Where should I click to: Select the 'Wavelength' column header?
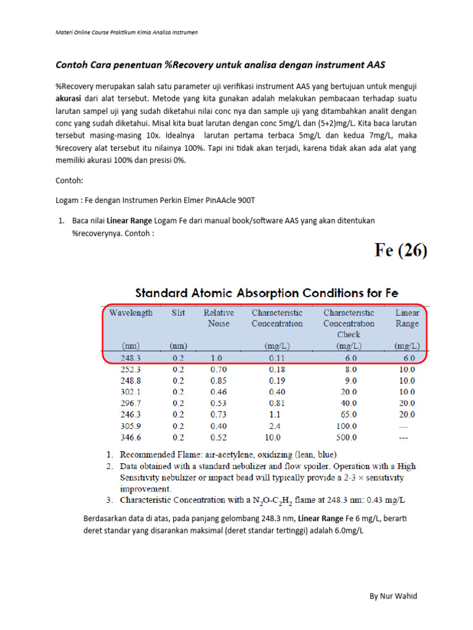131,313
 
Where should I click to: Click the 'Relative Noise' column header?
219,318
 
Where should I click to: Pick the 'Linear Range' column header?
406,318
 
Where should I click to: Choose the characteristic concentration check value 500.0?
346,438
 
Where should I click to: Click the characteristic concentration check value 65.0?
349,415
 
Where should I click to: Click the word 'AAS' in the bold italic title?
378,65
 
